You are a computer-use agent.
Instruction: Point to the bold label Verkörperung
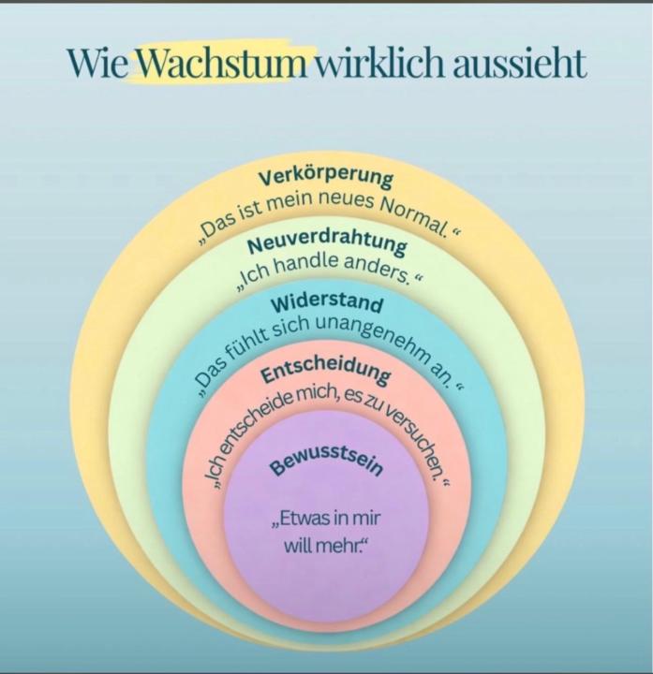326,177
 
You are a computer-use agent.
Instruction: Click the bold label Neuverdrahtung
327,242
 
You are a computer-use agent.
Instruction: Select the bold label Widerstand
327,302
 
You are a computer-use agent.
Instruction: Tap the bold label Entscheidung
326,372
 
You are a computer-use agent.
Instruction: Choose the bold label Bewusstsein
326,465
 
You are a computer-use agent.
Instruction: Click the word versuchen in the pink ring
412,437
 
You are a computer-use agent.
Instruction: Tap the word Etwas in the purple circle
302,519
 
